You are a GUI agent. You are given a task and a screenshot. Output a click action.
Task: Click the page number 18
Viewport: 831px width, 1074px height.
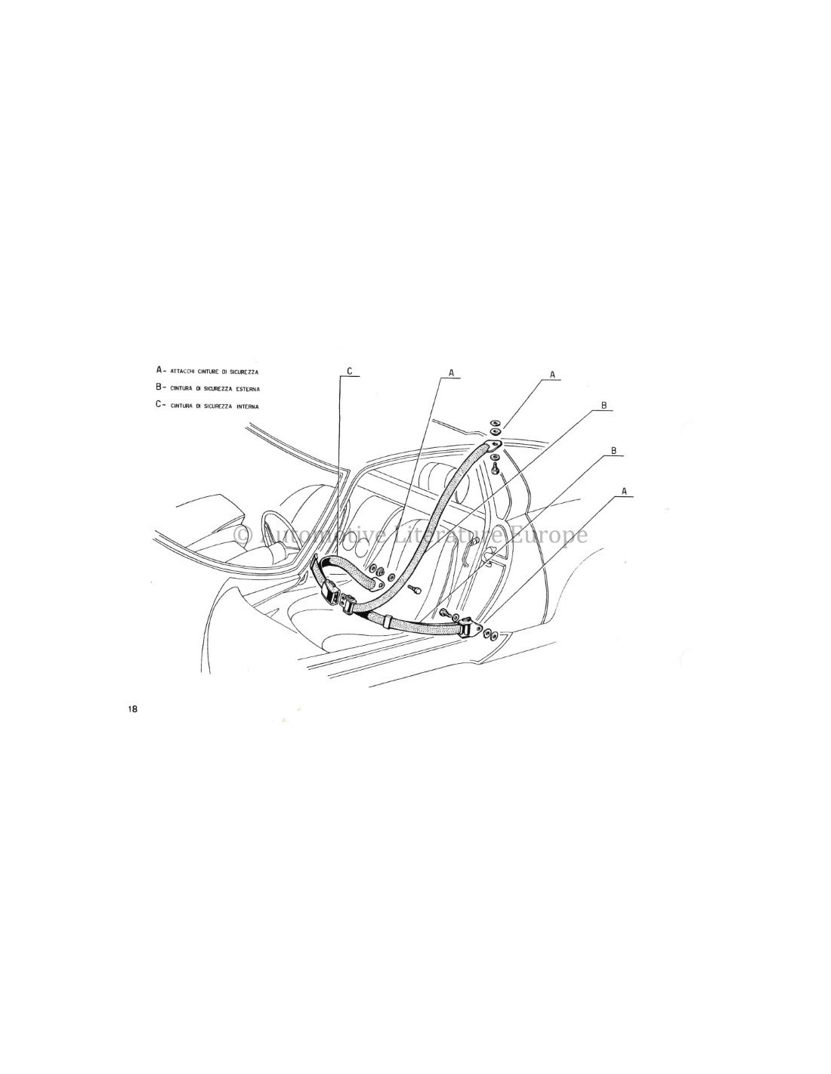(133, 708)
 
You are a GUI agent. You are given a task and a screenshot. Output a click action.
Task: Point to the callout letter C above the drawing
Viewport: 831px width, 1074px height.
(350, 371)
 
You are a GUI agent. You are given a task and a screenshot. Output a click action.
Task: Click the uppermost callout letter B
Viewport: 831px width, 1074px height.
(603, 406)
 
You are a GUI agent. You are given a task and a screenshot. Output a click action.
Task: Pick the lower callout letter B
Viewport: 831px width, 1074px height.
(613, 450)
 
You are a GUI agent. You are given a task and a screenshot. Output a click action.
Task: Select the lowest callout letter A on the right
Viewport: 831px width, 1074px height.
(624, 490)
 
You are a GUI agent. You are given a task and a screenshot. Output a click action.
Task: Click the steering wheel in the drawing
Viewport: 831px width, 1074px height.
(270, 526)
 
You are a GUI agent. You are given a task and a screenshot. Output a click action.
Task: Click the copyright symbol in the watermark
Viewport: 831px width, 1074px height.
(243, 535)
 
